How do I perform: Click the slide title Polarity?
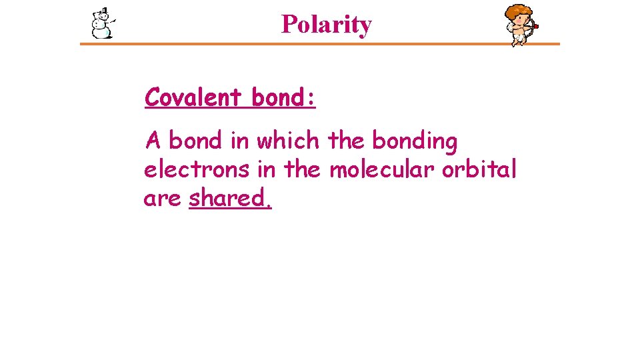pyautogui.click(x=326, y=25)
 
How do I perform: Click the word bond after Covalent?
pyautogui.click(x=277, y=97)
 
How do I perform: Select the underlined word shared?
pyautogui.click(x=229, y=198)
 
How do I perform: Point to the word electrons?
pyautogui.click(x=197, y=170)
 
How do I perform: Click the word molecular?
pyautogui.click(x=383, y=170)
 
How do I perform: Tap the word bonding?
pyautogui.click(x=415, y=141)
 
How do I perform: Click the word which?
pyautogui.click(x=288, y=141)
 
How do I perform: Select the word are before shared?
pyautogui.click(x=162, y=199)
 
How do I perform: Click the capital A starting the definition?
pyautogui.click(x=153, y=141)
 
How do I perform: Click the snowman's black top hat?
pyautogui.click(x=103, y=11)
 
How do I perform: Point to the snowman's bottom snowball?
pyautogui.click(x=101, y=31)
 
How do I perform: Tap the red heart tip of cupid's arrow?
pyautogui.click(x=535, y=26)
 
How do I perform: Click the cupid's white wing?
pyautogui.click(x=510, y=27)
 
